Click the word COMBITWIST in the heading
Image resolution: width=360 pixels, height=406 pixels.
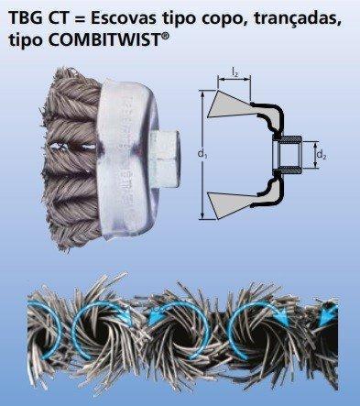click(104, 40)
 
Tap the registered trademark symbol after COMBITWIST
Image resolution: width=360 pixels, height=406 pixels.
click(164, 36)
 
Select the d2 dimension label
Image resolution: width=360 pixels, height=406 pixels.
click(321, 155)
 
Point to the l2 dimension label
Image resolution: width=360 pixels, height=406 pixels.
click(235, 72)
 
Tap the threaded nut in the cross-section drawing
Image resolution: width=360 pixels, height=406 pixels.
click(287, 154)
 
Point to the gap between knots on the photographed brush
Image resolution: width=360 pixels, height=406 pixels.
click(72, 148)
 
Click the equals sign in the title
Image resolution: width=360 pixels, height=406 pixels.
click(81, 19)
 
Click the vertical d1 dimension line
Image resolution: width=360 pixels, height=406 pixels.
click(202, 155)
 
